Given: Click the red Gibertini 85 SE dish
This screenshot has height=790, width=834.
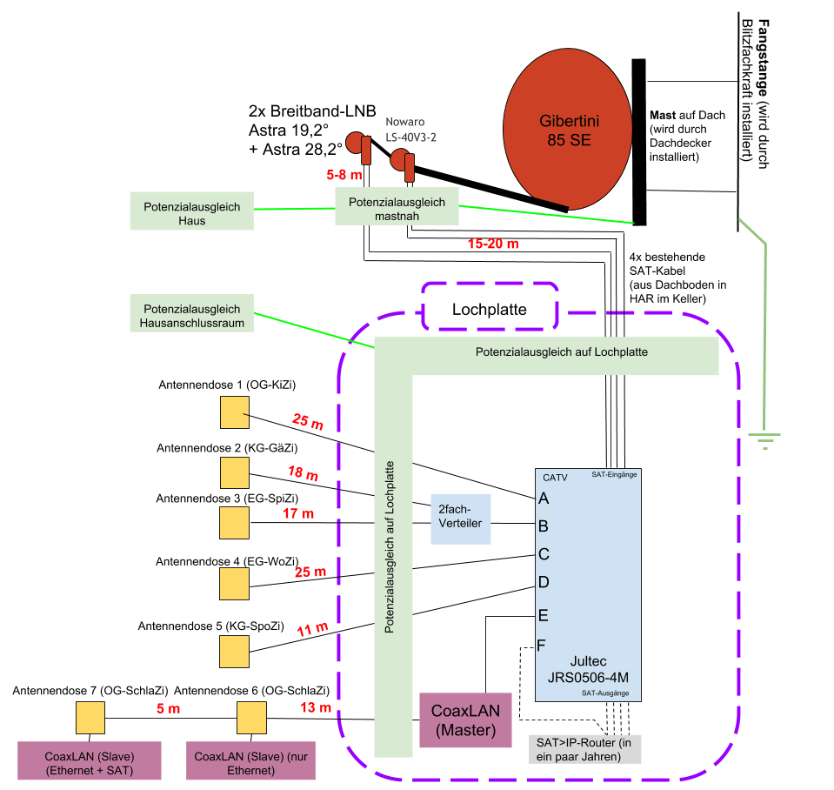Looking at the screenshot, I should tap(561, 128).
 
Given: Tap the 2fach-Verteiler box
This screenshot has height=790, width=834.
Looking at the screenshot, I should tap(460, 519).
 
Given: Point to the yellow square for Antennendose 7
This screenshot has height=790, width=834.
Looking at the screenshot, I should tap(90, 718).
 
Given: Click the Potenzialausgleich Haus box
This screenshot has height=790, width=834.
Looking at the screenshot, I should tap(192, 212).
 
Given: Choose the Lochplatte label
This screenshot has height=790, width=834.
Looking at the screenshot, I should tap(490, 309).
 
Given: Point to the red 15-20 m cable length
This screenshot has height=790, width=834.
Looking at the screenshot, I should tap(493, 244).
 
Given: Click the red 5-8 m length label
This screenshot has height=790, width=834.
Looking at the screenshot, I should tap(344, 176).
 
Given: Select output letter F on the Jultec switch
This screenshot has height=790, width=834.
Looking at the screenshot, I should tap(544, 646).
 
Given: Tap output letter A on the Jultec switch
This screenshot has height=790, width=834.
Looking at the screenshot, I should tap(544, 499).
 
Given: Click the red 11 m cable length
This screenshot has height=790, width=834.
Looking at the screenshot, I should tap(312, 628).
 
